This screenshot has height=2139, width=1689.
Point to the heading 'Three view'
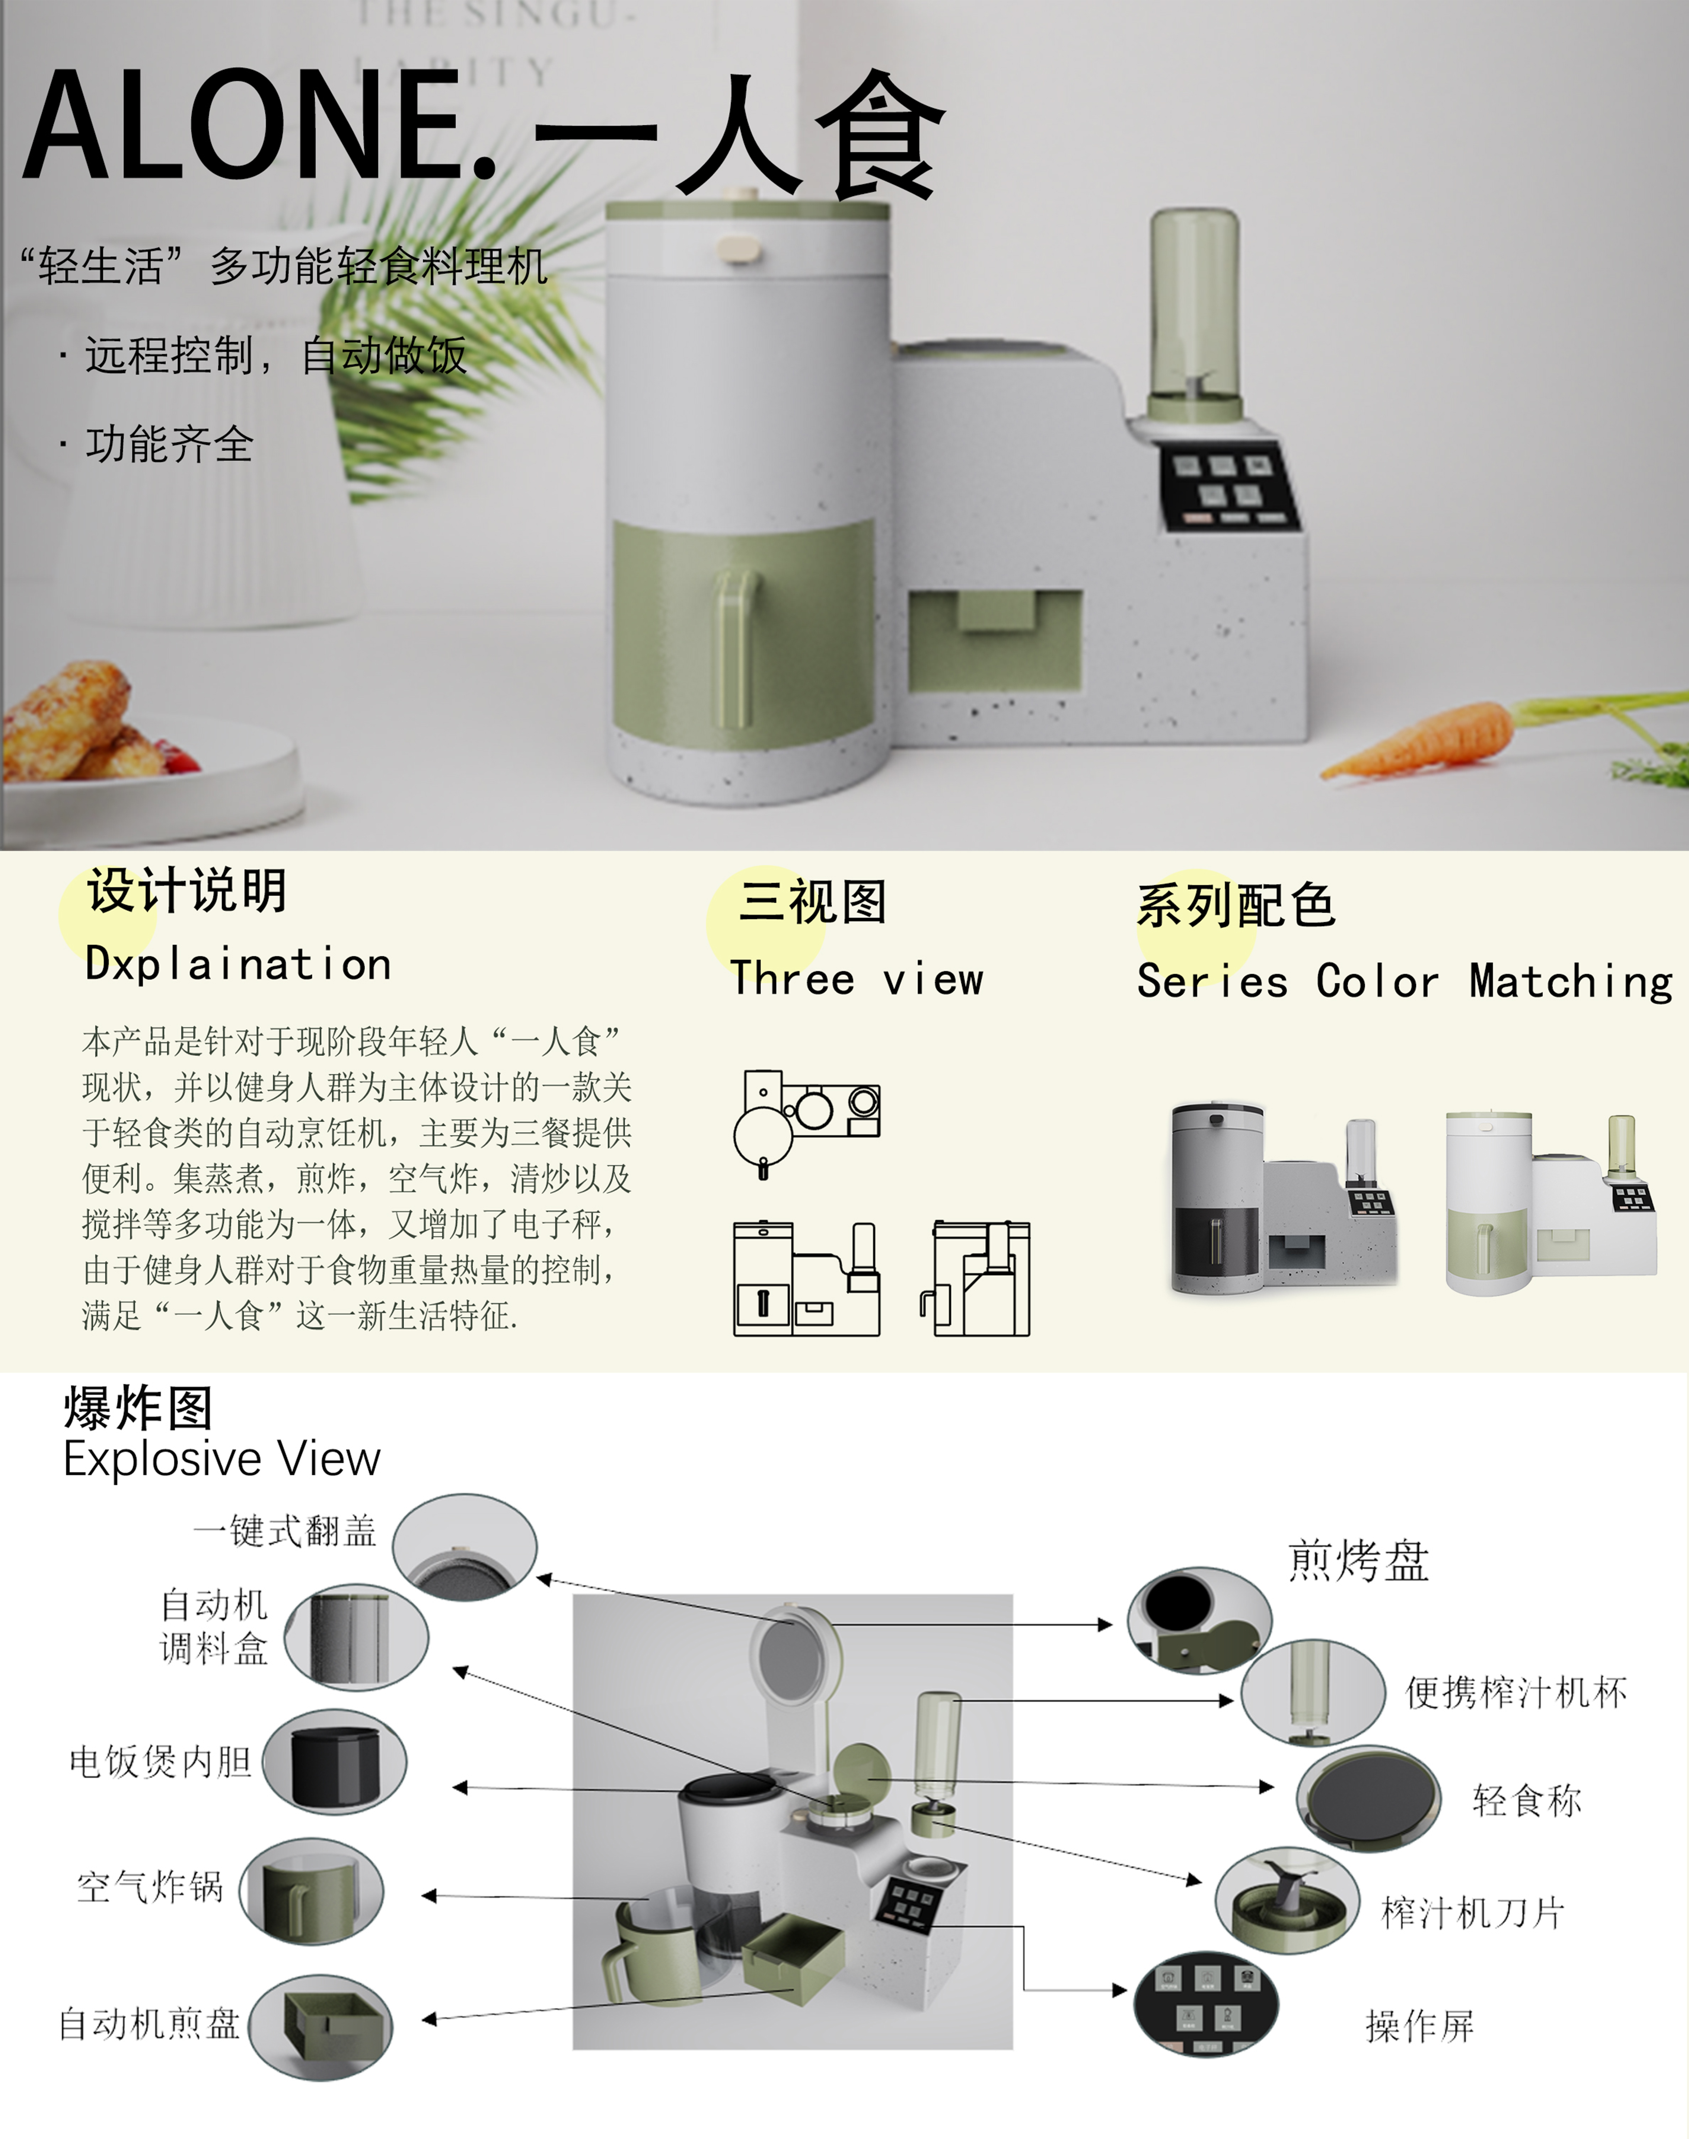pyautogui.click(x=856, y=979)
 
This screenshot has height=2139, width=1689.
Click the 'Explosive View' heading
pyautogui.click(x=222, y=1459)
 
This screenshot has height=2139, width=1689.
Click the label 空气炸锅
pyautogui.click(x=150, y=1887)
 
